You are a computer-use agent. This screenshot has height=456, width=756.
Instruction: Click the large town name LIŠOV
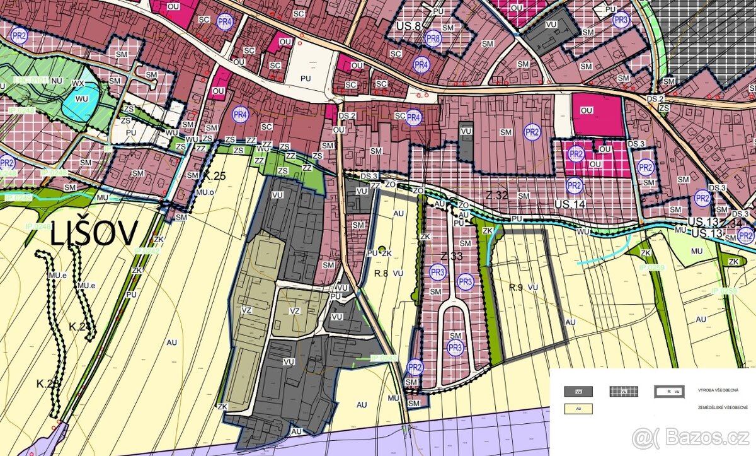[x=93, y=234]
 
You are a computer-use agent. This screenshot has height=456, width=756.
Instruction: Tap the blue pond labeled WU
[x=81, y=99]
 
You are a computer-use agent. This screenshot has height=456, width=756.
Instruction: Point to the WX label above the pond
[x=79, y=83]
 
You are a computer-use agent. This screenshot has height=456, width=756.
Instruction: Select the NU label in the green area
[x=57, y=81]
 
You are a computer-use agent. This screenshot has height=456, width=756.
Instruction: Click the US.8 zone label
[x=409, y=26]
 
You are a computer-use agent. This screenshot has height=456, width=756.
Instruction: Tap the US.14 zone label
[x=570, y=205]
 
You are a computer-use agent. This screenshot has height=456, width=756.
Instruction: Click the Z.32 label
[x=496, y=196]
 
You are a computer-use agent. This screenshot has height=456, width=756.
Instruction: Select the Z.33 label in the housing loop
[x=452, y=256]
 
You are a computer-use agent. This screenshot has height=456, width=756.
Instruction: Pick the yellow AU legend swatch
[x=578, y=409]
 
